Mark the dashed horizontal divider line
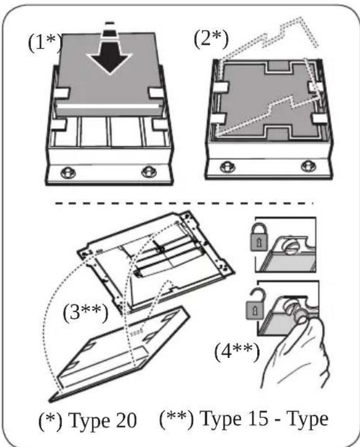(x=182, y=203)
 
